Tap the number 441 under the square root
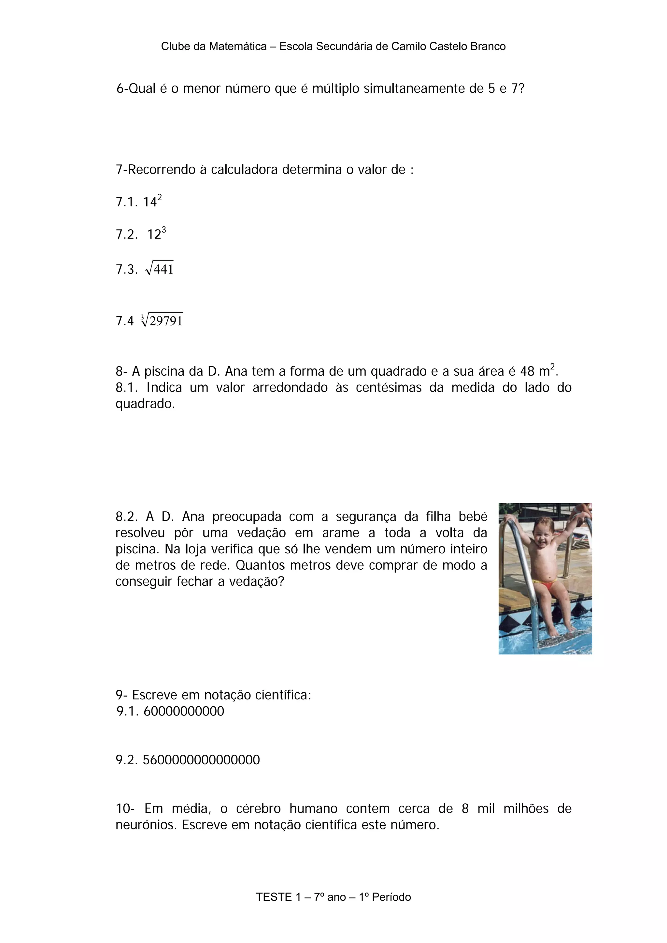(x=163, y=270)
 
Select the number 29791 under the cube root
(x=166, y=321)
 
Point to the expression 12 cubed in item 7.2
(x=157, y=234)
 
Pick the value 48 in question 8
(x=527, y=371)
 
